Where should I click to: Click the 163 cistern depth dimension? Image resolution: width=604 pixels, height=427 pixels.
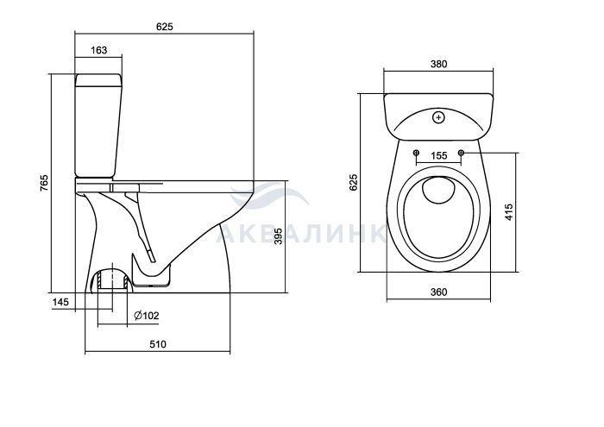pyautogui.click(x=99, y=50)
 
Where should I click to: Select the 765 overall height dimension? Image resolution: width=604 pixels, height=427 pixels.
pyautogui.click(x=45, y=183)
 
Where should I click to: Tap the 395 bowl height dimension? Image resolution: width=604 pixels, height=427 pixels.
pyautogui.click(x=278, y=236)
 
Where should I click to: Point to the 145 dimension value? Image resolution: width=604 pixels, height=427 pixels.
pyautogui.click(x=60, y=302)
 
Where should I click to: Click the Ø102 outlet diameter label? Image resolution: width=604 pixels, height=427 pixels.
pyautogui.click(x=147, y=316)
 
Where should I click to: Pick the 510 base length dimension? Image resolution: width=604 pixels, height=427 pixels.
pyautogui.click(x=158, y=344)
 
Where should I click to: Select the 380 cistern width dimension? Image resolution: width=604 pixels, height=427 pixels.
pyautogui.click(x=438, y=64)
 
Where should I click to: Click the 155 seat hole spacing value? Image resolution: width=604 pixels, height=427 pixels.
pyautogui.click(x=438, y=155)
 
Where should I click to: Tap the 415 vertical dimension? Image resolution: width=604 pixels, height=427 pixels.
pyautogui.click(x=509, y=212)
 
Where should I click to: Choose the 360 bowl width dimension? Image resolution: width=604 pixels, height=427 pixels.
pyautogui.click(x=438, y=292)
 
